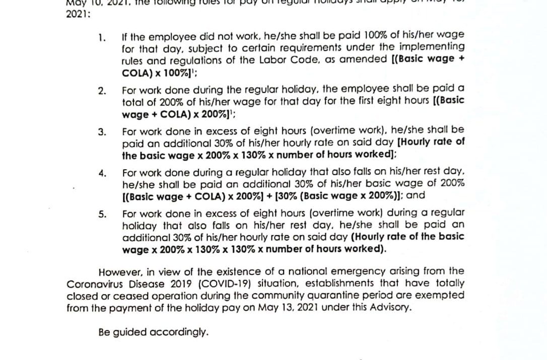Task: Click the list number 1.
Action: coord(102,37)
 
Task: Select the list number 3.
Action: coord(102,132)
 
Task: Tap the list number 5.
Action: coord(102,213)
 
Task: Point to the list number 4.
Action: coord(102,174)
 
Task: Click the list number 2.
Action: coord(102,91)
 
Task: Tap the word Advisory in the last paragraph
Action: coord(393,307)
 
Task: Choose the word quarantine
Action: coord(302,295)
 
